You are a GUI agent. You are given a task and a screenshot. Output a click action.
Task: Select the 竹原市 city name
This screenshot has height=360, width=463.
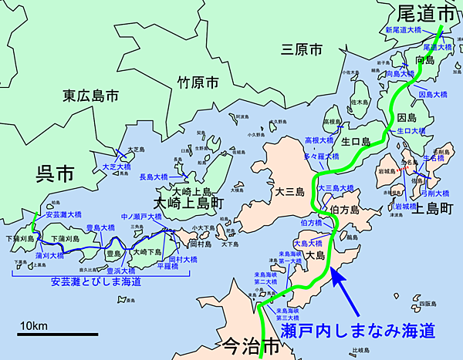[198, 81]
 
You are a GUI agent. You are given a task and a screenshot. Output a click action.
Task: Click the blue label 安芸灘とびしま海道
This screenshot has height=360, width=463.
[96, 282]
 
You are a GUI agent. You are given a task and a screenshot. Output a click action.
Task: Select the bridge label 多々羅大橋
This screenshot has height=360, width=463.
[321, 156]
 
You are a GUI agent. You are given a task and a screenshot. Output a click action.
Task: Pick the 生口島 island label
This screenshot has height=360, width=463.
[357, 142]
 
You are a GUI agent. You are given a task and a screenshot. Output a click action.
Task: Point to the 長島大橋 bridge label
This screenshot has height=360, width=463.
[153, 177]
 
